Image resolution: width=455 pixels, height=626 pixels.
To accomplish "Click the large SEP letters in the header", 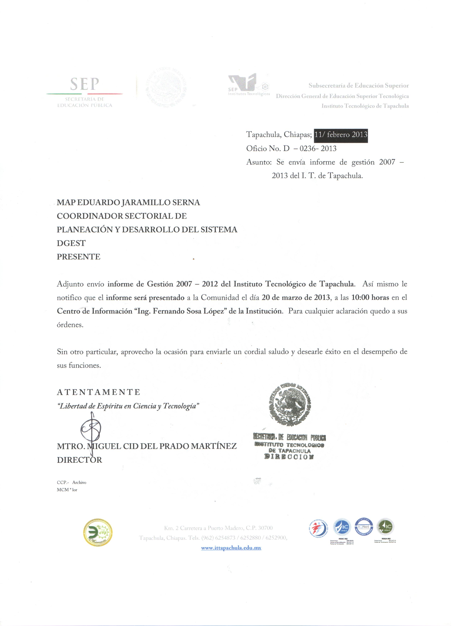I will point(84,84).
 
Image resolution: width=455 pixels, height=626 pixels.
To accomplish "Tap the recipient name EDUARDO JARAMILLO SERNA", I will point(139,203).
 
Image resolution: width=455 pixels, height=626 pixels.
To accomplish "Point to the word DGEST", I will point(71,243).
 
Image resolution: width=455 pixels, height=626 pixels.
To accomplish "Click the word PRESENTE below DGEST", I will point(79,257).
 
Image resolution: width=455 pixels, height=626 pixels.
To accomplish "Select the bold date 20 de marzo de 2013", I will point(296,297).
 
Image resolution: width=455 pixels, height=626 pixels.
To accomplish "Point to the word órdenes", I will point(70,325).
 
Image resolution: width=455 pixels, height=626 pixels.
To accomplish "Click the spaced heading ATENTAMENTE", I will point(98,392).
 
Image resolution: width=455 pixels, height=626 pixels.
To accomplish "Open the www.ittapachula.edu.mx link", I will point(231,548).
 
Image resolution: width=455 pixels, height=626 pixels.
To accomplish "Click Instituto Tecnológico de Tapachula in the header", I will point(365,106).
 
